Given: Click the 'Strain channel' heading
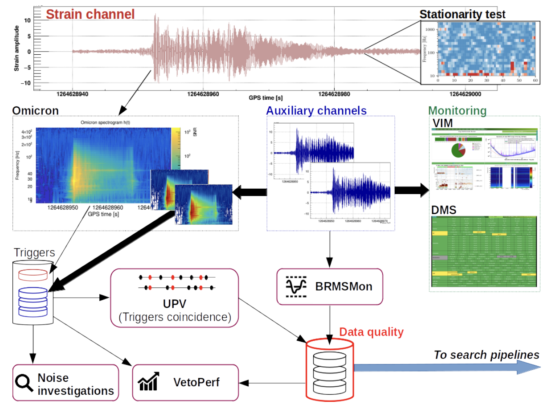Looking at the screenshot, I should coord(90,14).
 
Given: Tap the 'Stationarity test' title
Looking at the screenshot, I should coord(462,14).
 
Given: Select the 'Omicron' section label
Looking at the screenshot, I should coord(35,110).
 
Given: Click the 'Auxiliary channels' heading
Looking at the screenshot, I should coord(316,110).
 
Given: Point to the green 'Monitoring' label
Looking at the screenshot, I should coord(457,110).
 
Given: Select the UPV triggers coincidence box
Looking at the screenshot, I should coord(174,297).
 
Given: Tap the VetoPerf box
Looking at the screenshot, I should coord(185,382).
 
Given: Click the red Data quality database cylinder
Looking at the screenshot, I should coord(329,369).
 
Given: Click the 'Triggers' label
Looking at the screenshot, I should coord(34,253).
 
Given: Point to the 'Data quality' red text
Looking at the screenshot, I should coord(371,332).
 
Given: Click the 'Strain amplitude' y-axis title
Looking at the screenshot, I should coord(16,48).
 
